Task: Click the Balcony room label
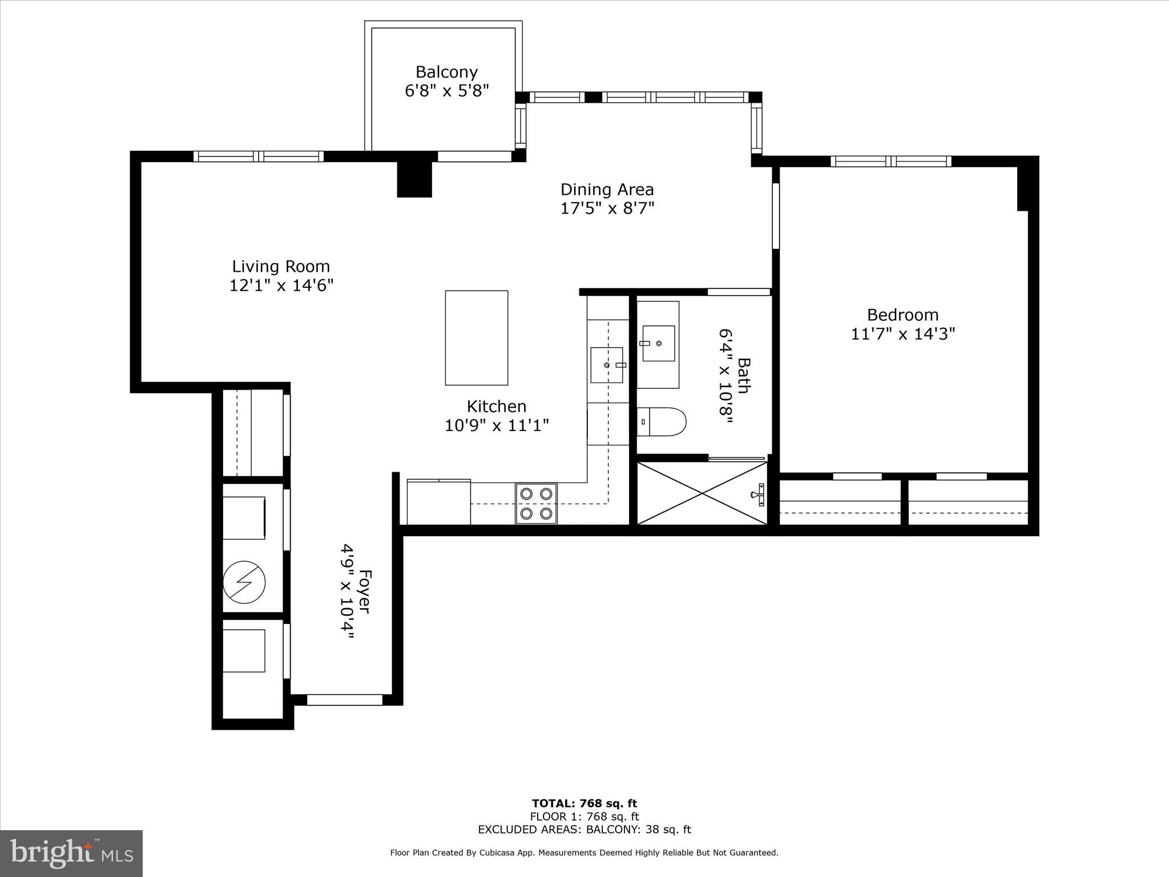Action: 446,72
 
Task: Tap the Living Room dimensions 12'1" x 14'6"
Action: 281,285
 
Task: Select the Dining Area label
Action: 607,190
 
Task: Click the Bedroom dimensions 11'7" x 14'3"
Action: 902,333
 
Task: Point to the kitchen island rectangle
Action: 476,337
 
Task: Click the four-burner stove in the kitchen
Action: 536,503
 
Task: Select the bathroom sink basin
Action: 658,344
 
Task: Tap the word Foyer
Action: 364,592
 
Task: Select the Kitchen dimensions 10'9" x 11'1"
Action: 496,425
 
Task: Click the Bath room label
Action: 743,376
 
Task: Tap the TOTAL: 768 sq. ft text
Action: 584,804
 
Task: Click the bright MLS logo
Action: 71,854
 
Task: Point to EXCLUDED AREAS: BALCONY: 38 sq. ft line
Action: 584,830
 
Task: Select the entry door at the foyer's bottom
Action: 344,699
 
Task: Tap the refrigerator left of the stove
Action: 438,502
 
